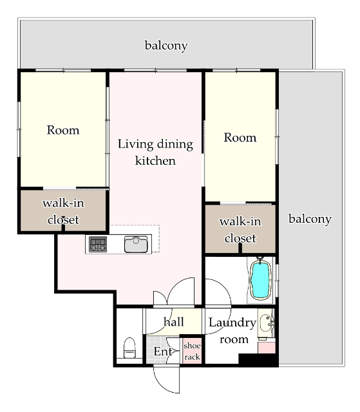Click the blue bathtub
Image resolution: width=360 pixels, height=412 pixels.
pos(260,280)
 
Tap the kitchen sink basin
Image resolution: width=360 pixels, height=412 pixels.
pos(136,245)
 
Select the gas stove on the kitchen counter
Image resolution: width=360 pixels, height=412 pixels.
pos(98,244)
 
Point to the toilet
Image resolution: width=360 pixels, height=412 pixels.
pos(129,348)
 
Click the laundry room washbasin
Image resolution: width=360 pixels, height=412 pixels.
pos(267,323)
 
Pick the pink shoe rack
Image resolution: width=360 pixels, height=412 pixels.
pos(192,351)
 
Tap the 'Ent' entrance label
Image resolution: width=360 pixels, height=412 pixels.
pos(163,351)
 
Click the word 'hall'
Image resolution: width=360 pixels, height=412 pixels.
pos(173,322)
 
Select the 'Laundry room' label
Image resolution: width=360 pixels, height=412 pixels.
pos(232,331)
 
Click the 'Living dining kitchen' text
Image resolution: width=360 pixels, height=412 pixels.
pos(155,153)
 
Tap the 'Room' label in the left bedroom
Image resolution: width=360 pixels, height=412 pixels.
pos(63,130)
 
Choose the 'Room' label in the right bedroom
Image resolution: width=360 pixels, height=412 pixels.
pos(240,137)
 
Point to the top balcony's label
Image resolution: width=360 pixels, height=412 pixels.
pos(166,46)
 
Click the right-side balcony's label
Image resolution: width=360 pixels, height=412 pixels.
pos(310,219)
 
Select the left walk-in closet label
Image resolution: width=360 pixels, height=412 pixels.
pos(63,212)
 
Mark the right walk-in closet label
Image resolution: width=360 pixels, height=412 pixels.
pos(240,230)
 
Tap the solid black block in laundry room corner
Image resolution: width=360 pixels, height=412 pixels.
pos(258,359)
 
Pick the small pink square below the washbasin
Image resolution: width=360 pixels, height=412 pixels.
pos(267,348)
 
